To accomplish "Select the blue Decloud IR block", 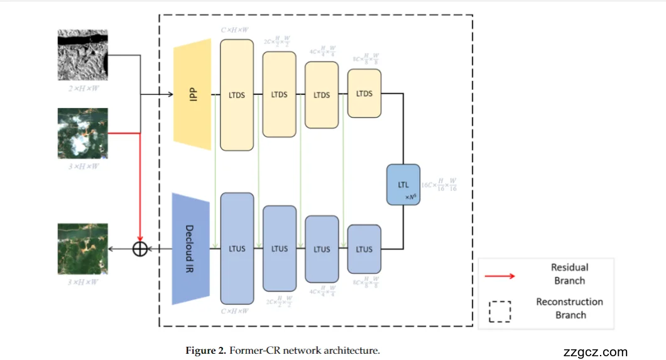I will [191, 249].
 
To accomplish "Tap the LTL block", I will [403, 184].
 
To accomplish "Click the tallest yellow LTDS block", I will [237, 94].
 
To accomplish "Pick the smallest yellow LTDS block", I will [364, 94].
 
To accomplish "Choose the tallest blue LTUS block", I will [237, 249].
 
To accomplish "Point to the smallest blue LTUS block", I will [364, 249].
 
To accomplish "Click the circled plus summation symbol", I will [140, 249].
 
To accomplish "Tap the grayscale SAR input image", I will [83, 55].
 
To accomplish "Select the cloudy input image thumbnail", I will [82, 133].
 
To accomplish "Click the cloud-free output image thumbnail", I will [82, 248].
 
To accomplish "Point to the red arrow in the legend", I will [499, 275].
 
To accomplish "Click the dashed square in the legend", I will [499, 310].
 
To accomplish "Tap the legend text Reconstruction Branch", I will [569, 308].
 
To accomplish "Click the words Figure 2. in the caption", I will [205, 351].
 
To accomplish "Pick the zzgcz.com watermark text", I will [596, 352].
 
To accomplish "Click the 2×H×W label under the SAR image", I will [82, 88].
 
